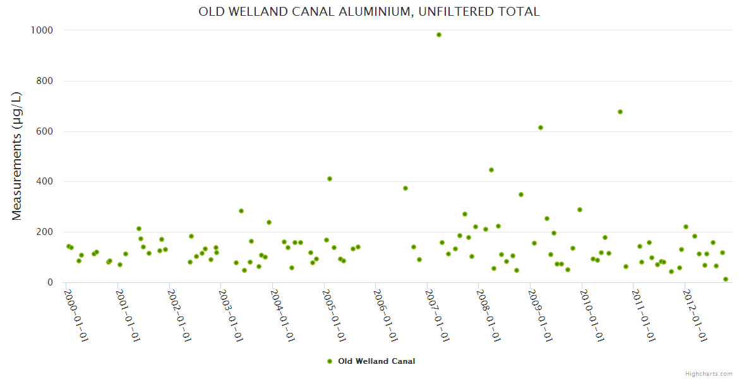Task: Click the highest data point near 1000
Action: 439,35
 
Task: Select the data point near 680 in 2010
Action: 620,112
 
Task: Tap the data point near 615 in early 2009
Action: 541,128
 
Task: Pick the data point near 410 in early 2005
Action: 330,179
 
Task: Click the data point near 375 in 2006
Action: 406,188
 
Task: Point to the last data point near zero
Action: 726,279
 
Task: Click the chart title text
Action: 369,11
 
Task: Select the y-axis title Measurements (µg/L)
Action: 17,157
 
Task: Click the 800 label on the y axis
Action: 44,81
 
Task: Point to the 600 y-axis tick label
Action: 44,131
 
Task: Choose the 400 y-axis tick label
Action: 44,182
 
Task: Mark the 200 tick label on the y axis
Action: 44,232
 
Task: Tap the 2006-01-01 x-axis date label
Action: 387,315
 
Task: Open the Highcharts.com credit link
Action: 709,373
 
